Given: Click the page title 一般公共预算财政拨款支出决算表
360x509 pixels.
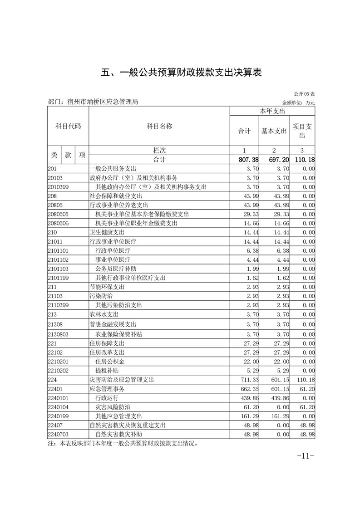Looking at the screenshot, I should click(181, 73).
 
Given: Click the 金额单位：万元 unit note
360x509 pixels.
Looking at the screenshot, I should click(298, 103).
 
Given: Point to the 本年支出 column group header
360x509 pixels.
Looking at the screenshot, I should click(272, 111).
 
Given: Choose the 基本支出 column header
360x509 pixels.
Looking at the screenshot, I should click(274, 131).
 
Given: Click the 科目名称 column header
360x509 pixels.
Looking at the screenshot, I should click(159, 126).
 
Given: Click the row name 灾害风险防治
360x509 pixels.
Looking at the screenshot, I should click(113, 406).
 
